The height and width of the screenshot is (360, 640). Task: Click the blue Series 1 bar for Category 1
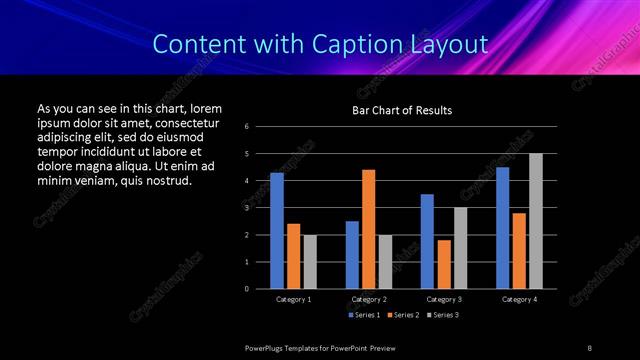(x=277, y=231)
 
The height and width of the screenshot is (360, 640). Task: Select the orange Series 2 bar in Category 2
(x=369, y=229)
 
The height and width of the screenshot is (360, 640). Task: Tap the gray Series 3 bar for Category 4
(x=536, y=221)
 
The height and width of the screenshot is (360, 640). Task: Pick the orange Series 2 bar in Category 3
(x=444, y=264)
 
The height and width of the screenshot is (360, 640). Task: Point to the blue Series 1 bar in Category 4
(x=502, y=228)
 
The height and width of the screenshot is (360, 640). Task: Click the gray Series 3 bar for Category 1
(x=310, y=262)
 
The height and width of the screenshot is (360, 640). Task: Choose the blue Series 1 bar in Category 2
(x=352, y=255)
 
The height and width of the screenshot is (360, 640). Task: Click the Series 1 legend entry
(x=362, y=315)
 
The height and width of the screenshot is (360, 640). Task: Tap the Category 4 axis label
(x=518, y=299)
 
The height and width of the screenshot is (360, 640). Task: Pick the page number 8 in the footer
(x=589, y=347)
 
